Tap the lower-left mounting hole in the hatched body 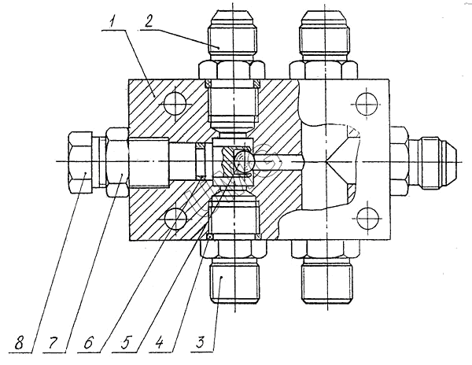point(172,218)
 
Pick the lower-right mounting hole point(363,219)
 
